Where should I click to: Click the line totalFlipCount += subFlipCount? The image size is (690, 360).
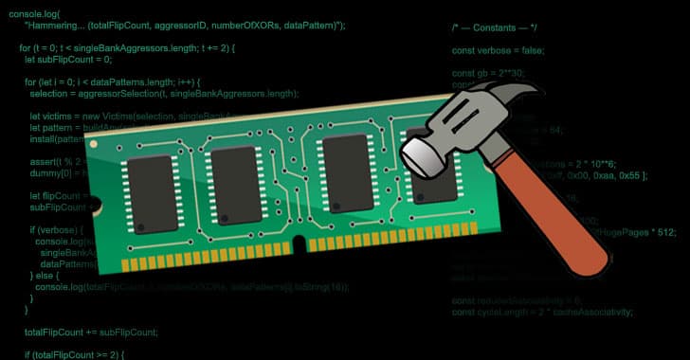click(91, 332)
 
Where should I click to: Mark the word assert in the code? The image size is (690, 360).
click(44, 161)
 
